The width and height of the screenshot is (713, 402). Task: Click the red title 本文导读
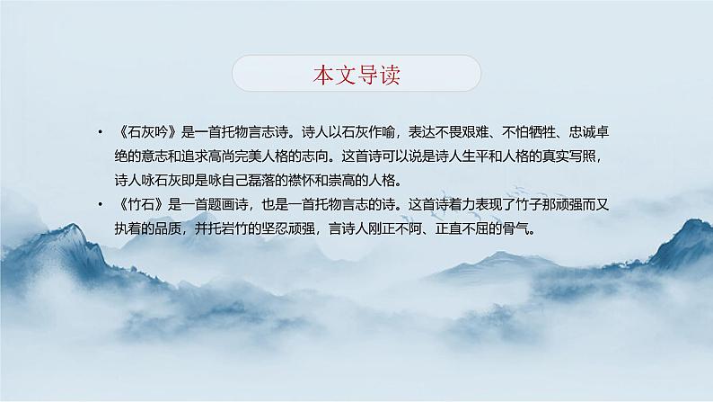pos(356,75)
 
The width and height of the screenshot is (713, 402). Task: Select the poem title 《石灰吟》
pos(147,132)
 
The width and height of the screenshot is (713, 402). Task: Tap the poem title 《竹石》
pos(140,204)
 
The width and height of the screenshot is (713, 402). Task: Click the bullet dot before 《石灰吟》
pos(100,132)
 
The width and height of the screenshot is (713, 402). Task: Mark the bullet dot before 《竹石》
pos(100,204)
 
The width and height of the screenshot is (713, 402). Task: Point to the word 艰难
pos(476,132)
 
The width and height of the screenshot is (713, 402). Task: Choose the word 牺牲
pos(542,132)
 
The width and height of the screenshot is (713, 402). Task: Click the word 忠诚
pos(583,132)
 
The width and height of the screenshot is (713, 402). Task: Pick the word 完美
pos(248,156)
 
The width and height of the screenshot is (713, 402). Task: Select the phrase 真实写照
pos(568,156)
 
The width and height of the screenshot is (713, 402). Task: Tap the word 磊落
pos(261,181)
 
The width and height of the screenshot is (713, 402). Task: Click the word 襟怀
pos(302,181)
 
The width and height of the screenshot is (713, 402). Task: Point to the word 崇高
pos(341,181)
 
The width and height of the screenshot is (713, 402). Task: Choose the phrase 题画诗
pos(228,204)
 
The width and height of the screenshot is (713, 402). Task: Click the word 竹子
pos(529,204)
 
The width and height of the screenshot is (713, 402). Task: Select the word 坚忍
pos(275,228)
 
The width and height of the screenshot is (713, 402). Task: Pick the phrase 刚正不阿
pos(395,228)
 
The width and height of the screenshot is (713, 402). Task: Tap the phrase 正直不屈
pos(462,228)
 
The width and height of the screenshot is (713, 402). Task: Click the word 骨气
pos(515,228)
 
